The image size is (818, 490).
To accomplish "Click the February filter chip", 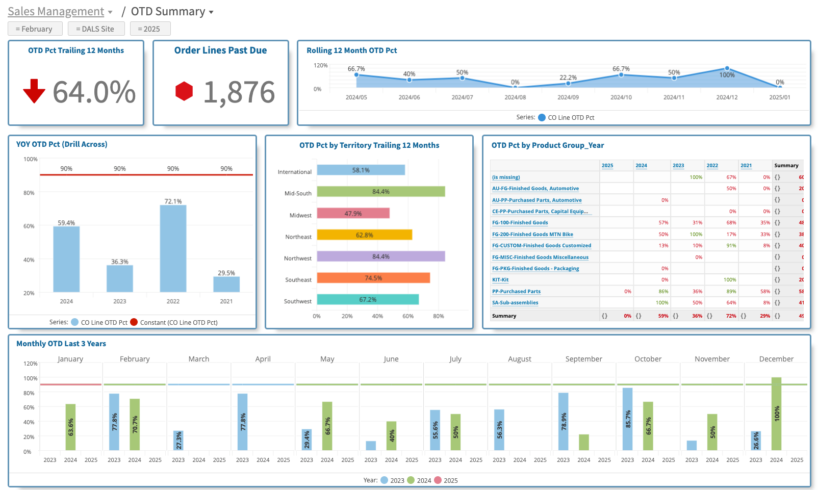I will click(35, 29).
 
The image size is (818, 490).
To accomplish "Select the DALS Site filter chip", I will click(96, 29).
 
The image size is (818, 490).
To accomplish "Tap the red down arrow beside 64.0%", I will click(34, 91).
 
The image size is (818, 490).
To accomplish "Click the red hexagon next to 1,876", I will click(184, 91).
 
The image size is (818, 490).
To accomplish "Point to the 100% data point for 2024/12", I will click(727, 68).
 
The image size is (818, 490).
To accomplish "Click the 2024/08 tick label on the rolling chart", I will click(515, 97).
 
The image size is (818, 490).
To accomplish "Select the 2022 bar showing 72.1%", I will click(173, 248).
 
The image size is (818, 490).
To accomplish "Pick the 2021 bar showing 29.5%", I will click(226, 284).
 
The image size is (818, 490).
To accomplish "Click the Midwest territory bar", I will click(353, 213).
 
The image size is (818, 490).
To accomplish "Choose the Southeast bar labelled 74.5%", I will click(373, 278).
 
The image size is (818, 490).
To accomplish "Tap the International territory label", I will click(294, 172).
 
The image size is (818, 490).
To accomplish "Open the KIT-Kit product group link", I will click(500, 280).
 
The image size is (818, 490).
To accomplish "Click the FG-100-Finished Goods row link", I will click(520, 223).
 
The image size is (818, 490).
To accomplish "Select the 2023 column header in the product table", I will click(678, 166).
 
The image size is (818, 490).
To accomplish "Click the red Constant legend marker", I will click(134, 322).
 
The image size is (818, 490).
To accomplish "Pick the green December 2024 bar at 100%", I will click(776, 414).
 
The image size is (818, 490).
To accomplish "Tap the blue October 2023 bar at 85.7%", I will click(627, 419).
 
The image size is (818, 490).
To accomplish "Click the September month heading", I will click(583, 359).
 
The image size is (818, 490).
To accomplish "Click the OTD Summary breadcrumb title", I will click(168, 12).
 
